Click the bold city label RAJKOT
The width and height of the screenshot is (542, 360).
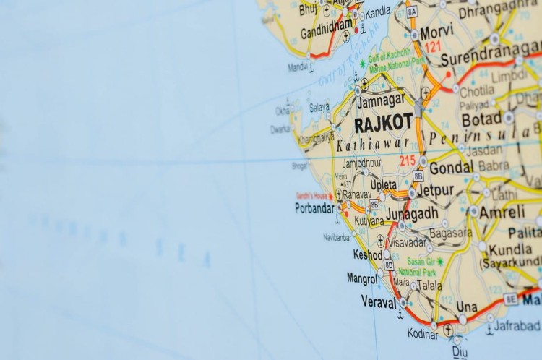(x=383, y=124)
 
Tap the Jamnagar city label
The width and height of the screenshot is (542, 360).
(x=381, y=102)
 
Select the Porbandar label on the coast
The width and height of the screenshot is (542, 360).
(x=314, y=208)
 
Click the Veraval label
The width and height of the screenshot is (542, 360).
(x=379, y=302)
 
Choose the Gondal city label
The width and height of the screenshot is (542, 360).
(x=451, y=168)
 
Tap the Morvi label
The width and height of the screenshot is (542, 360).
(x=437, y=32)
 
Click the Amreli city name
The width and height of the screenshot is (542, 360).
(x=502, y=212)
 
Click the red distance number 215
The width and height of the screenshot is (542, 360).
(x=408, y=160)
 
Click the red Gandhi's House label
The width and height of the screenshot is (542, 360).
(x=311, y=195)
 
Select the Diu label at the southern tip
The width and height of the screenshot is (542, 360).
(x=460, y=351)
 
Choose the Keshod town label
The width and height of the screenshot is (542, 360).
(x=367, y=255)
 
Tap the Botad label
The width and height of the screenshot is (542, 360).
(x=482, y=119)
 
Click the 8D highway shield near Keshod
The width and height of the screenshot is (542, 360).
(x=389, y=265)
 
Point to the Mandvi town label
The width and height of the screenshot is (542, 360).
(x=298, y=67)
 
